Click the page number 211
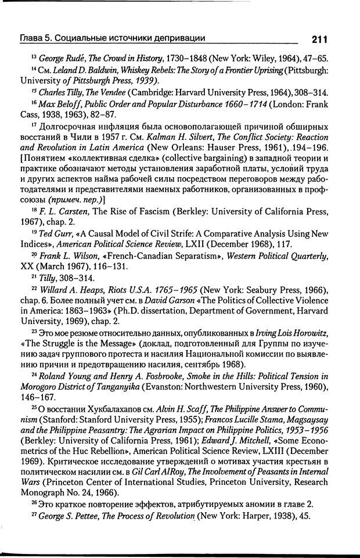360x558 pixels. point(319,39)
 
